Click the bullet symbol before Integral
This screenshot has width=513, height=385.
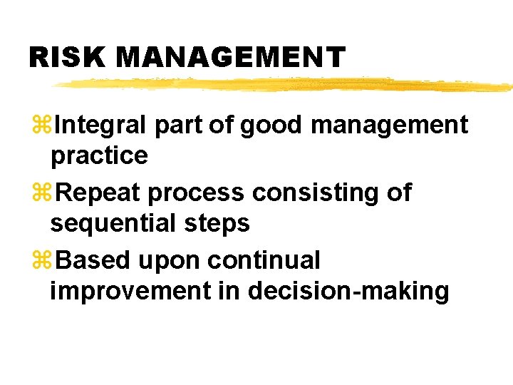pos(41,125)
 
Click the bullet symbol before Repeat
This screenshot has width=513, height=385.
pos(41,192)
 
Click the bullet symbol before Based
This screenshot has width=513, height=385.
pos(41,260)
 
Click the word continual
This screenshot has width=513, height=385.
pos(264,260)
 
